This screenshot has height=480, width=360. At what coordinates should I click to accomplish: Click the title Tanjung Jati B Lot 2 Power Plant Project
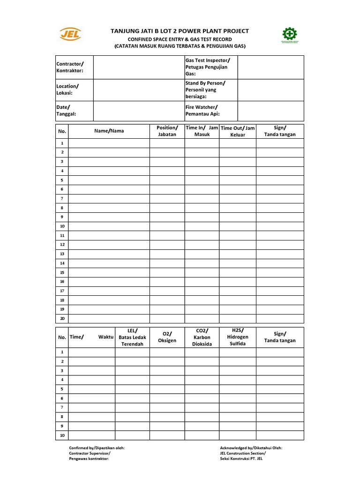[x=180, y=31]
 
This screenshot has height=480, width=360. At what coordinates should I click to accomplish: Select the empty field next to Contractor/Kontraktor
[x=139, y=67]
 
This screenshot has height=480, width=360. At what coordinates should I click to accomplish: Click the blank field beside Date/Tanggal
[x=139, y=111]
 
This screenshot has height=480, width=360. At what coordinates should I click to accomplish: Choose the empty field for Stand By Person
[x=270, y=90]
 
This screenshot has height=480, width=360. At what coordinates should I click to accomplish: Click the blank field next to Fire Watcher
[x=270, y=111]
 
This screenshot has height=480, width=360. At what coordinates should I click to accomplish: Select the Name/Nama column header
[x=109, y=131]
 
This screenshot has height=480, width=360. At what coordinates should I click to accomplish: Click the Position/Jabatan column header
[x=167, y=131]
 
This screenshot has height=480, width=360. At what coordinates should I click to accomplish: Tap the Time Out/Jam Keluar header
[x=238, y=131]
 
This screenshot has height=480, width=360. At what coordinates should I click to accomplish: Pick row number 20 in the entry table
[x=62, y=318]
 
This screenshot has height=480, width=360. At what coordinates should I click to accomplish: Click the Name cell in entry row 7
[x=109, y=199]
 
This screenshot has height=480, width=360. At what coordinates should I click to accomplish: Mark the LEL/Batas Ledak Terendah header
[x=132, y=337]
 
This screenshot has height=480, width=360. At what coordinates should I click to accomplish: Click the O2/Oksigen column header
[x=167, y=337]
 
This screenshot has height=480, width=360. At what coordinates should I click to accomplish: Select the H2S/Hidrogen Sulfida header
[x=238, y=337]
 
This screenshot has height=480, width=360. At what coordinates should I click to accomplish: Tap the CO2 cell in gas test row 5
[x=202, y=389]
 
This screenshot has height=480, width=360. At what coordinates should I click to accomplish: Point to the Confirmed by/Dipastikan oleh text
[x=97, y=448]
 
